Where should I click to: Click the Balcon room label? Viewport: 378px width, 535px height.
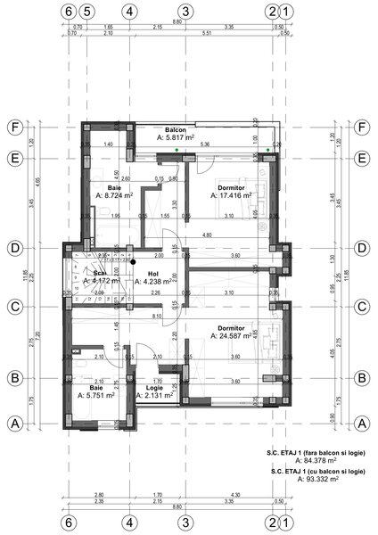click(x=175, y=130)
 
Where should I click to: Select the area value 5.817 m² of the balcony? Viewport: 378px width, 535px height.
click(x=175, y=138)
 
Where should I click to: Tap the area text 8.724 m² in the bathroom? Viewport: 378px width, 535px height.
click(x=113, y=193)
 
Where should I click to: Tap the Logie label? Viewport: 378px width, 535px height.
click(x=152, y=388)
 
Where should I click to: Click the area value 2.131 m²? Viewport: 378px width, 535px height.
click(x=152, y=396)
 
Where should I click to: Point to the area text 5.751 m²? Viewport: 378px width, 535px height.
click(x=95, y=395)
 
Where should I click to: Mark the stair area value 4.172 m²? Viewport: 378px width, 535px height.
click(x=101, y=282)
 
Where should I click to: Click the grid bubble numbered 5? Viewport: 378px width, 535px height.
click(x=86, y=12)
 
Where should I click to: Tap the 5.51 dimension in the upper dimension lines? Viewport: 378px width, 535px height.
click(x=207, y=33)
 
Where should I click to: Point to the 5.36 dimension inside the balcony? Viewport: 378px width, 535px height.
click(x=204, y=144)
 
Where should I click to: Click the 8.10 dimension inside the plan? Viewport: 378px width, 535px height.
click(x=157, y=316)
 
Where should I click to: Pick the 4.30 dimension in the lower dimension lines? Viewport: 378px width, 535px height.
click(x=234, y=495)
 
